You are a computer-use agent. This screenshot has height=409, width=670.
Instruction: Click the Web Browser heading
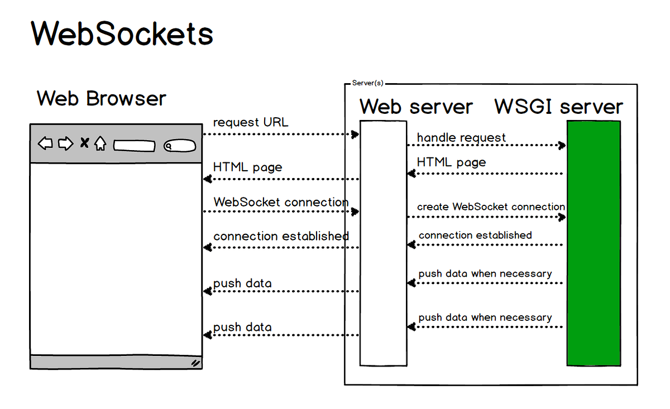point(102,99)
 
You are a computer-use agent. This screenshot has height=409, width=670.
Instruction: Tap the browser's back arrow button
point(45,144)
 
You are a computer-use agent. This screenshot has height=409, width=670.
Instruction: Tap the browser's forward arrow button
point(66,144)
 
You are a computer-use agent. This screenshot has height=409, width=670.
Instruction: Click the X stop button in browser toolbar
point(84,143)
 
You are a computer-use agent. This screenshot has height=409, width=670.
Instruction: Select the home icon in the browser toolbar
point(100,144)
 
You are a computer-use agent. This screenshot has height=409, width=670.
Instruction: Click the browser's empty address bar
point(134,146)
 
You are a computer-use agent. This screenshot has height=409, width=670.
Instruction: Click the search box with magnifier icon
point(179,146)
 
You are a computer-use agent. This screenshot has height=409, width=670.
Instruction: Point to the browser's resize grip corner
point(195,363)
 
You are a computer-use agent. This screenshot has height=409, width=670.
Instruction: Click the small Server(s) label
point(367,83)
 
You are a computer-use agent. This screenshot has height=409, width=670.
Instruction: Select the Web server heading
point(416,107)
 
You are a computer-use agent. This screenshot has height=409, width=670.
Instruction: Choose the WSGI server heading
point(558,107)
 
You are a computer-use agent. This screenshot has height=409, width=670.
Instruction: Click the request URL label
point(251,122)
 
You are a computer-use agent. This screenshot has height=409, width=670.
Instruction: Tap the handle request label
point(461,137)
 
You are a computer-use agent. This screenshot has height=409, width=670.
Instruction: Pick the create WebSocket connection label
point(491,206)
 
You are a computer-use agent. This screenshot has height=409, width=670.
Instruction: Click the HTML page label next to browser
point(247,167)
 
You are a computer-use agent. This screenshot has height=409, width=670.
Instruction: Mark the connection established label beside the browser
point(281,236)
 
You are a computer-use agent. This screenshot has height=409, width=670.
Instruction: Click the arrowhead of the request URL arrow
point(355,134)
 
